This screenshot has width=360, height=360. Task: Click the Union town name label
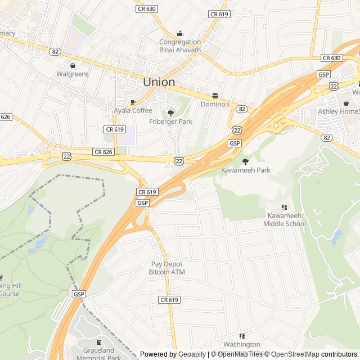pos(159,82)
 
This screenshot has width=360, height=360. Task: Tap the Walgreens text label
pos(73,74)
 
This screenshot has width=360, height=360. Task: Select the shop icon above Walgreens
pos(73,65)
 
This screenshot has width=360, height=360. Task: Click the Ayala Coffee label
pos(133,110)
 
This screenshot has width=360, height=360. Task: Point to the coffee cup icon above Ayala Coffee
pos(133,102)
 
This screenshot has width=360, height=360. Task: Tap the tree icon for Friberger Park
pos(170,113)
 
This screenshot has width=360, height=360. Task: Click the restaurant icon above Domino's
pos(215,96)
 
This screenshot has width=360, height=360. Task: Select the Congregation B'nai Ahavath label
pos(180,46)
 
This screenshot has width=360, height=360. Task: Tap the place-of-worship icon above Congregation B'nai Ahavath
pos(180,33)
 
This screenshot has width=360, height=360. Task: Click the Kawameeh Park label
pos(245,170)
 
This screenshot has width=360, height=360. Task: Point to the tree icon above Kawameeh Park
pos(245,161)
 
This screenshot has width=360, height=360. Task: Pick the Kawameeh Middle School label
pos(284,220)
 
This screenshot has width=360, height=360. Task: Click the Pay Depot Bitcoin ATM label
pos(166,268)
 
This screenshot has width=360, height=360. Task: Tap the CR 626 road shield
pos(103,152)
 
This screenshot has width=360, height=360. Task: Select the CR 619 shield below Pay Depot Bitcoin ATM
pos(169,300)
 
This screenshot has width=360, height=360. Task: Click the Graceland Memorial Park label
pos(98,354)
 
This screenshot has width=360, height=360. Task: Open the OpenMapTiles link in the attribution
pos(239,354)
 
